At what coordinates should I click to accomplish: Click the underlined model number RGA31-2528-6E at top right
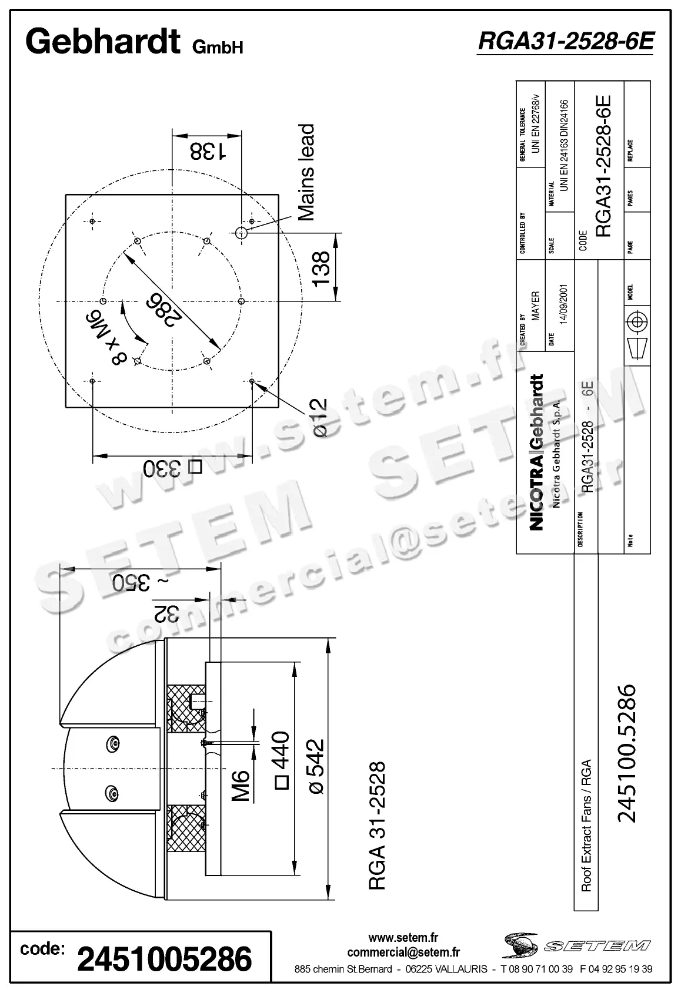565,42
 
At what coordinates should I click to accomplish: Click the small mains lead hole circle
241,233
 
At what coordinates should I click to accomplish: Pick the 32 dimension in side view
166,612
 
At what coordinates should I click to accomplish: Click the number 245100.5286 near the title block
627,753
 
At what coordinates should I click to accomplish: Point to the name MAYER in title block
535,306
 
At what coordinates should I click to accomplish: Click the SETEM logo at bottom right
576,945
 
